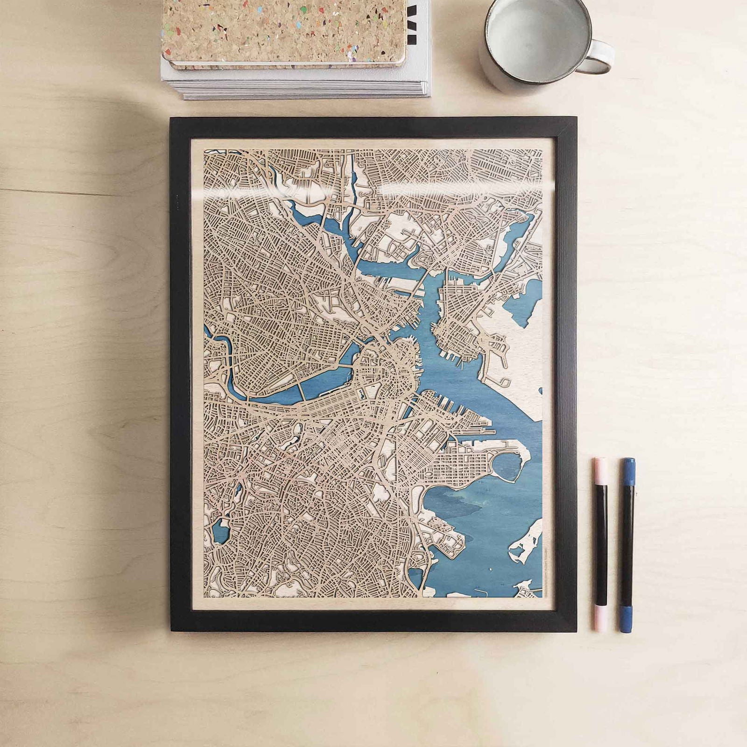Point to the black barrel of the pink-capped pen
600,546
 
